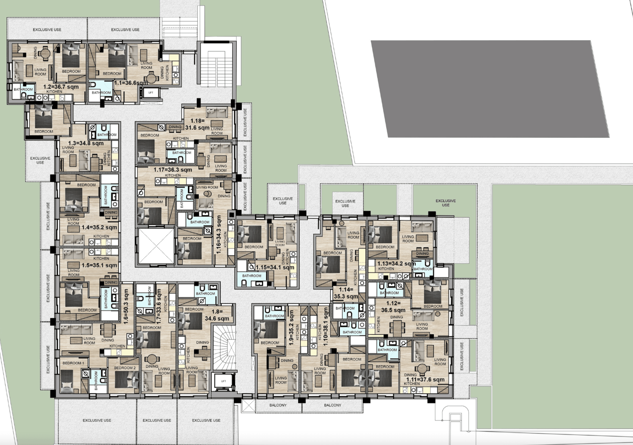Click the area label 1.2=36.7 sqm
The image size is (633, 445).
(x=61, y=87)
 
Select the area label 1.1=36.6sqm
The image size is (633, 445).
(x=131, y=83)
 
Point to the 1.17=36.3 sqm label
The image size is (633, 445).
(x=173, y=170)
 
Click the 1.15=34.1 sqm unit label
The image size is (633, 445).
(x=275, y=267)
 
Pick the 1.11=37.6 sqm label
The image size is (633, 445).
(x=425, y=380)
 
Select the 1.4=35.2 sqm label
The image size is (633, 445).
(x=99, y=227)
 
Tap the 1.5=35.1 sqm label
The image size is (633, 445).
(x=99, y=265)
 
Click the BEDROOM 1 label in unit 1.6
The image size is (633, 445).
(x=73, y=363)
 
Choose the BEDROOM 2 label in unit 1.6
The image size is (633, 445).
(x=125, y=368)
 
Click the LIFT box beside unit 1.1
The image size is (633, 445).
(x=150, y=92)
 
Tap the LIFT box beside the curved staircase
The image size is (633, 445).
(x=223, y=381)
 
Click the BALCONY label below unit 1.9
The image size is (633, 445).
(x=278, y=405)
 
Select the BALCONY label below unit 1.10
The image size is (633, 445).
(x=332, y=405)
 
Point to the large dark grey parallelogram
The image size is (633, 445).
(x=490, y=89)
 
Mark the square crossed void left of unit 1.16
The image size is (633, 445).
(x=156, y=246)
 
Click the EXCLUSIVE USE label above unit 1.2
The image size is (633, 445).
(x=47, y=29)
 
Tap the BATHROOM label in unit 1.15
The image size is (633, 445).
(x=252, y=276)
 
